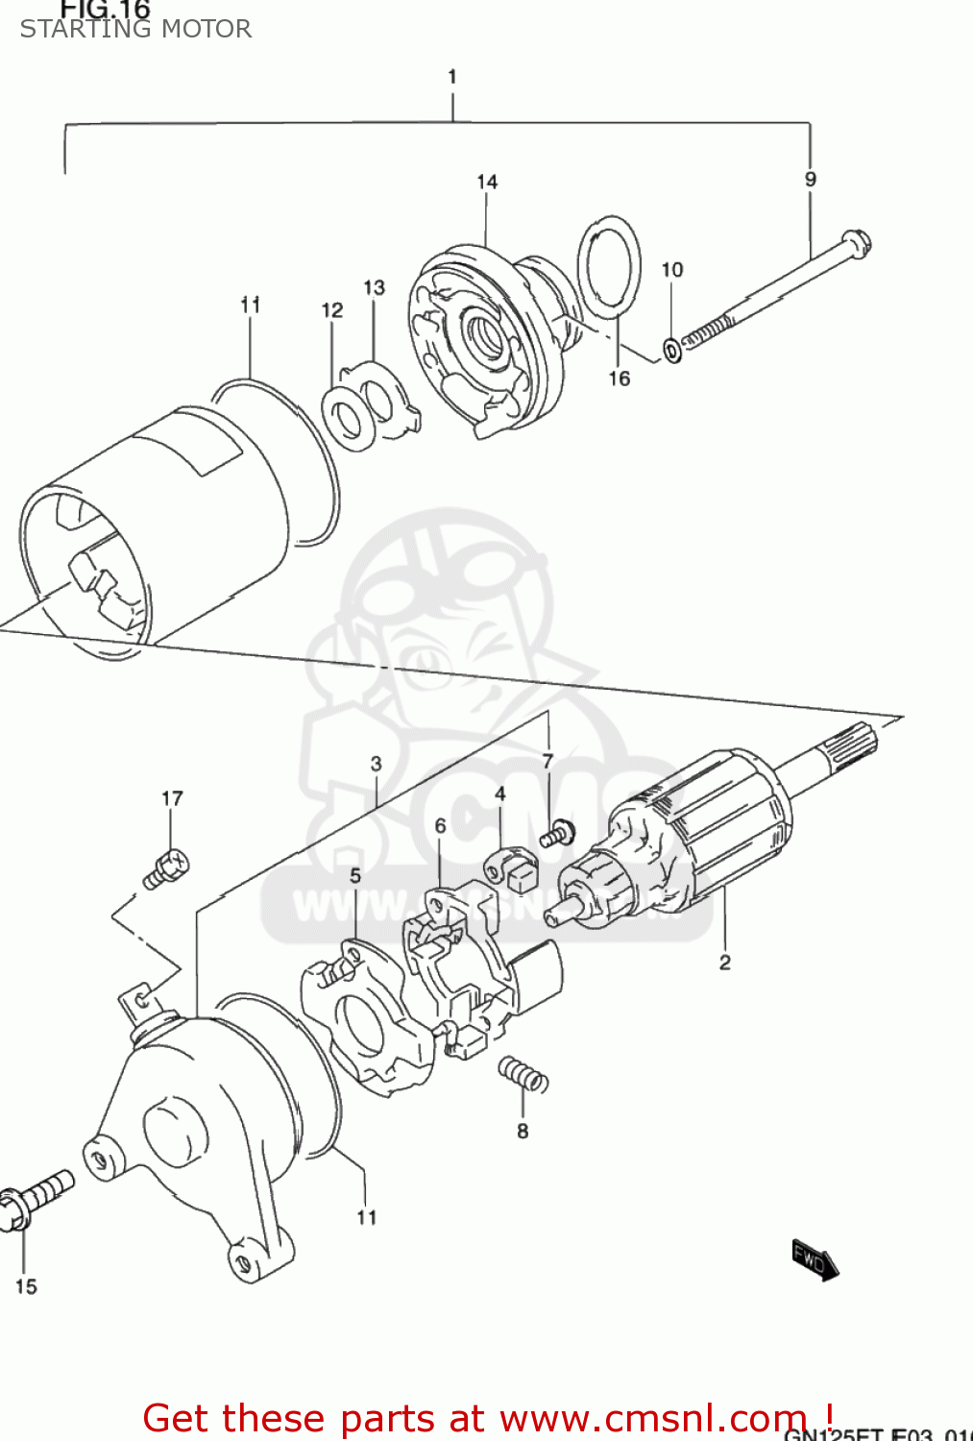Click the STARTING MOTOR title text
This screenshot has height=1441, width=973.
tap(135, 29)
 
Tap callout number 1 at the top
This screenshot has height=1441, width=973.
tap(451, 77)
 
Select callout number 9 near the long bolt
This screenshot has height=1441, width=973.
tap(811, 180)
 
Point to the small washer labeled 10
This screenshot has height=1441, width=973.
tap(673, 351)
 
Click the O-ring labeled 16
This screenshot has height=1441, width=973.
tap(609, 265)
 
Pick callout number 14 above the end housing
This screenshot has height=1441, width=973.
tap(487, 182)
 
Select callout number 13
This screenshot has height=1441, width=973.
tap(374, 287)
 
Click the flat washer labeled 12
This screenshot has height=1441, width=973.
tap(347, 418)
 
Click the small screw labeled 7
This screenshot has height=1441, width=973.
tap(556, 834)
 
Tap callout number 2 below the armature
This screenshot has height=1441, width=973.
tap(725, 962)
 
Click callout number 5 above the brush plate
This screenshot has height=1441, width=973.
tap(355, 875)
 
